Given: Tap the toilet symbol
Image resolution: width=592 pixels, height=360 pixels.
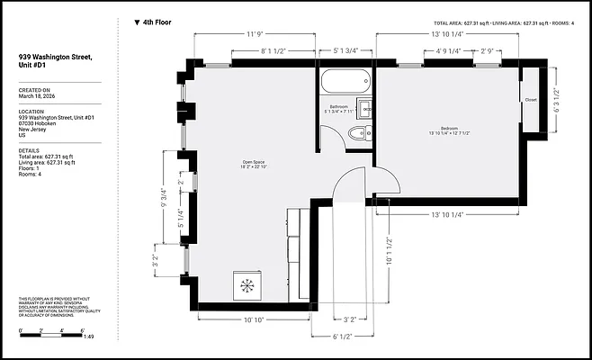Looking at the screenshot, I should point(357,135).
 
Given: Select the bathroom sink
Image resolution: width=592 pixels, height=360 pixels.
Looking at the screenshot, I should point(365,110).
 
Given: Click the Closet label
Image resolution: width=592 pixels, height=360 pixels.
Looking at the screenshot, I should point(530,100).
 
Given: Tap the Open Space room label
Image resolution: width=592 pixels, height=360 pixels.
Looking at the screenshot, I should point(252,164).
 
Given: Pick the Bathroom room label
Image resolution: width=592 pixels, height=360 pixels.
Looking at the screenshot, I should point(339,109).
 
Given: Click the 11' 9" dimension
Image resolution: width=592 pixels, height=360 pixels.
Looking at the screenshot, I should point(254,34).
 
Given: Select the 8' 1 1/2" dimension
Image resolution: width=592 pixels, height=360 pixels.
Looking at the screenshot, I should point(273,51).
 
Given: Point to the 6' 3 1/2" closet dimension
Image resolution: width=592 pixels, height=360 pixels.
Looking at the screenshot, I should point(559,100).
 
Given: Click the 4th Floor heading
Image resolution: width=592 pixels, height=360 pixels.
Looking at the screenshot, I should point(156,22).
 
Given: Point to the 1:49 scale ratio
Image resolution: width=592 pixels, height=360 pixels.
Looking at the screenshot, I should point(88,337).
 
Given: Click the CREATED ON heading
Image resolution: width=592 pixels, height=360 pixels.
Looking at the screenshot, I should point(34,91).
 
